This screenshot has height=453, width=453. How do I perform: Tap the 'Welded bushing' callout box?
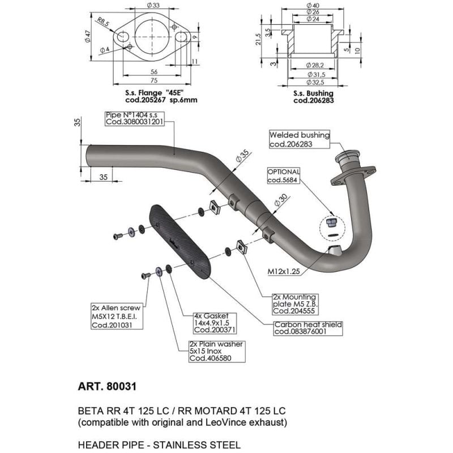coord(299,139)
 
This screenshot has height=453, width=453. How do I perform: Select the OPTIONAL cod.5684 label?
coord(283,176)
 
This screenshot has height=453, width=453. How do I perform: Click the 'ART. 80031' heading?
coord(107,387)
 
